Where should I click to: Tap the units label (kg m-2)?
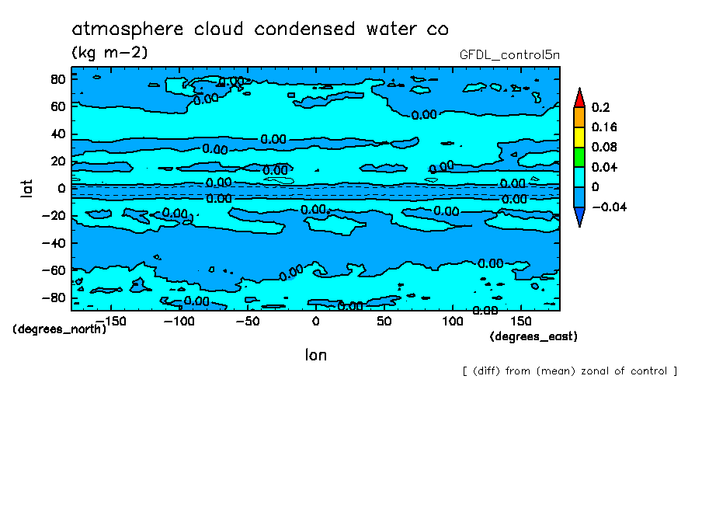109,53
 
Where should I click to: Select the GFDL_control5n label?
509,55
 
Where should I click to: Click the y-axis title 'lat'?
27,187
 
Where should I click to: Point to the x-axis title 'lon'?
315,355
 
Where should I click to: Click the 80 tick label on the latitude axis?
57,78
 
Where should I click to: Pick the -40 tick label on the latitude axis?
52,242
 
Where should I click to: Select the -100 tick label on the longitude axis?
178,321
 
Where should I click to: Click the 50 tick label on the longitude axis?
384,321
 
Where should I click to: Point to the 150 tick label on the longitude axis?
521,321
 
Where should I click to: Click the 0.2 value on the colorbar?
600,107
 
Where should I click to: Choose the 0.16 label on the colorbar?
603,127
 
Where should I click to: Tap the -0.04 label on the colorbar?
608,207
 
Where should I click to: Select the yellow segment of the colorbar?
579,137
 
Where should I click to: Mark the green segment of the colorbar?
579,157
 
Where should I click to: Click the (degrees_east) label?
533,336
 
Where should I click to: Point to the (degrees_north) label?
59,329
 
